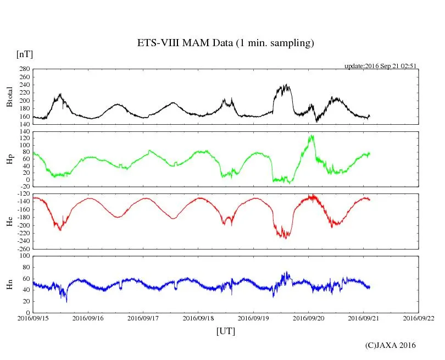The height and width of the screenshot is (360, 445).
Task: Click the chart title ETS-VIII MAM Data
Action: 225,43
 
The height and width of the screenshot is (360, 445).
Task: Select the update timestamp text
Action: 380,65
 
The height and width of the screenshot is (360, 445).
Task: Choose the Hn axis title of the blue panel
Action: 9,284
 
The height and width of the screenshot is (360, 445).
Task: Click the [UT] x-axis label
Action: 225,331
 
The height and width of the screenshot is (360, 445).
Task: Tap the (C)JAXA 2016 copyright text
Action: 390,345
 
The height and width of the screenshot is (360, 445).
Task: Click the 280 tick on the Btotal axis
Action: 24,69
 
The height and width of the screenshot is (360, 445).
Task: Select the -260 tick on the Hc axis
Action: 23,248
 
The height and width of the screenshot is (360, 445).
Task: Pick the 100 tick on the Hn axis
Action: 24,256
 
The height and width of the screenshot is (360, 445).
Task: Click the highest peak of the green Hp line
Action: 311,135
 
